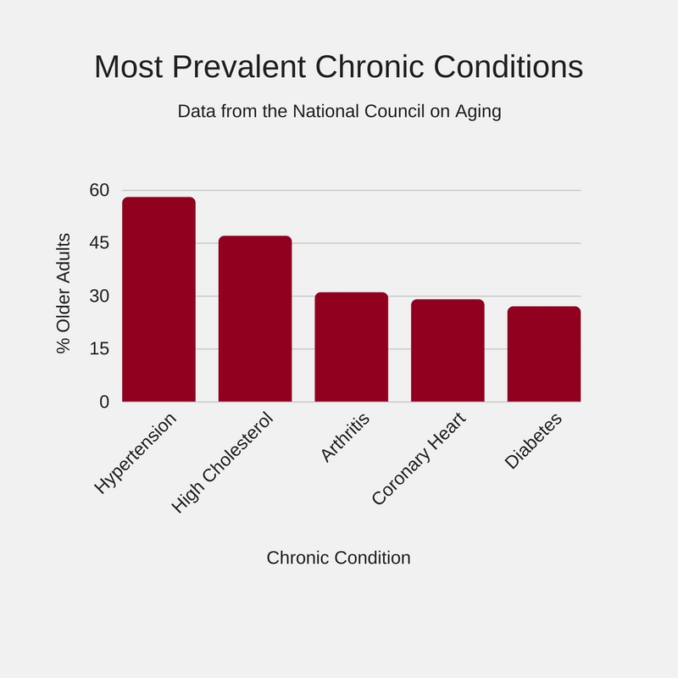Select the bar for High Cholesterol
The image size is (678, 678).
tap(255, 319)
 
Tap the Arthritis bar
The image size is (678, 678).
tap(351, 347)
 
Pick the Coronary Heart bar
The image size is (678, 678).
tap(447, 350)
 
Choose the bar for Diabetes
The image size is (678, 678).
tap(544, 353)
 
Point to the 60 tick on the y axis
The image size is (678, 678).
tap(100, 190)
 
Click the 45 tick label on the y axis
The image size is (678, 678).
tap(100, 243)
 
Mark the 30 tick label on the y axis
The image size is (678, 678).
tap(100, 296)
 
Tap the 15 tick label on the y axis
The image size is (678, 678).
tap(100, 348)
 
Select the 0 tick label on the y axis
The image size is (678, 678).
tap(104, 402)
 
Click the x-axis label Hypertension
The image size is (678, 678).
tap(136, 453)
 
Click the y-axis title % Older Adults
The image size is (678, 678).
tap(63, 293)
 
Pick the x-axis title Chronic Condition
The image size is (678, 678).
tap(338, 558)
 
